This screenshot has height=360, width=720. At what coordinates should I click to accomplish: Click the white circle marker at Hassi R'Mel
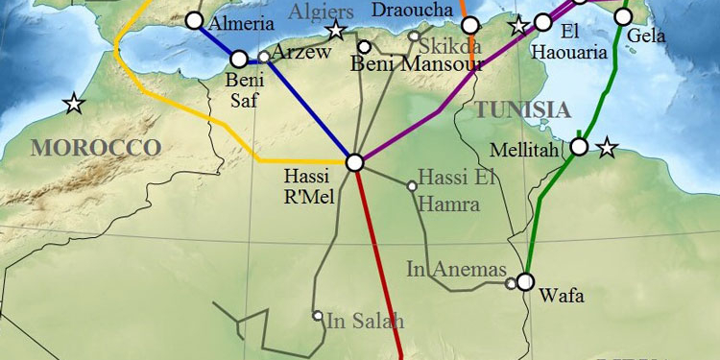click(x=354, y=163)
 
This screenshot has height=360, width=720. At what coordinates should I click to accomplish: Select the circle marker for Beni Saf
click(x=239, y=60)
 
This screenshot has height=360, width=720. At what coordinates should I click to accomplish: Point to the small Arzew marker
click(x=264, y=57)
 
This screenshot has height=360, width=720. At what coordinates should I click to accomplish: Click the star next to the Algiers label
click(x=335, y=31)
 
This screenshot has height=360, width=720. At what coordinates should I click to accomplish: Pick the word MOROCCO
click(x=95, y=147)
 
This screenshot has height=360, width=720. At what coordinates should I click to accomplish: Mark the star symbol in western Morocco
click(x=74, y=103)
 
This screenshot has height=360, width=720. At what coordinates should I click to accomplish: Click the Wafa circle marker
click(x=524, y=282)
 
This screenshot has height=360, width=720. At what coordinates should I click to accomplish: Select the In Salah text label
click(x=365, y=321)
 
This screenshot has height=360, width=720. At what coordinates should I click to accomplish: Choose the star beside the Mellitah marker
click(x=606, y=148)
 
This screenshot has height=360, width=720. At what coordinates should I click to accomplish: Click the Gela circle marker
click(x=623, y=16)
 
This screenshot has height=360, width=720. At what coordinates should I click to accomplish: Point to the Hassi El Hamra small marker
click(x=412, y=185)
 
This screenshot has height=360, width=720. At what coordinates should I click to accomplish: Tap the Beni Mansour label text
click(x=417, y=64)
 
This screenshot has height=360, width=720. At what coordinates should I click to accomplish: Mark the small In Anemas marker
click(x=510, y=283)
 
